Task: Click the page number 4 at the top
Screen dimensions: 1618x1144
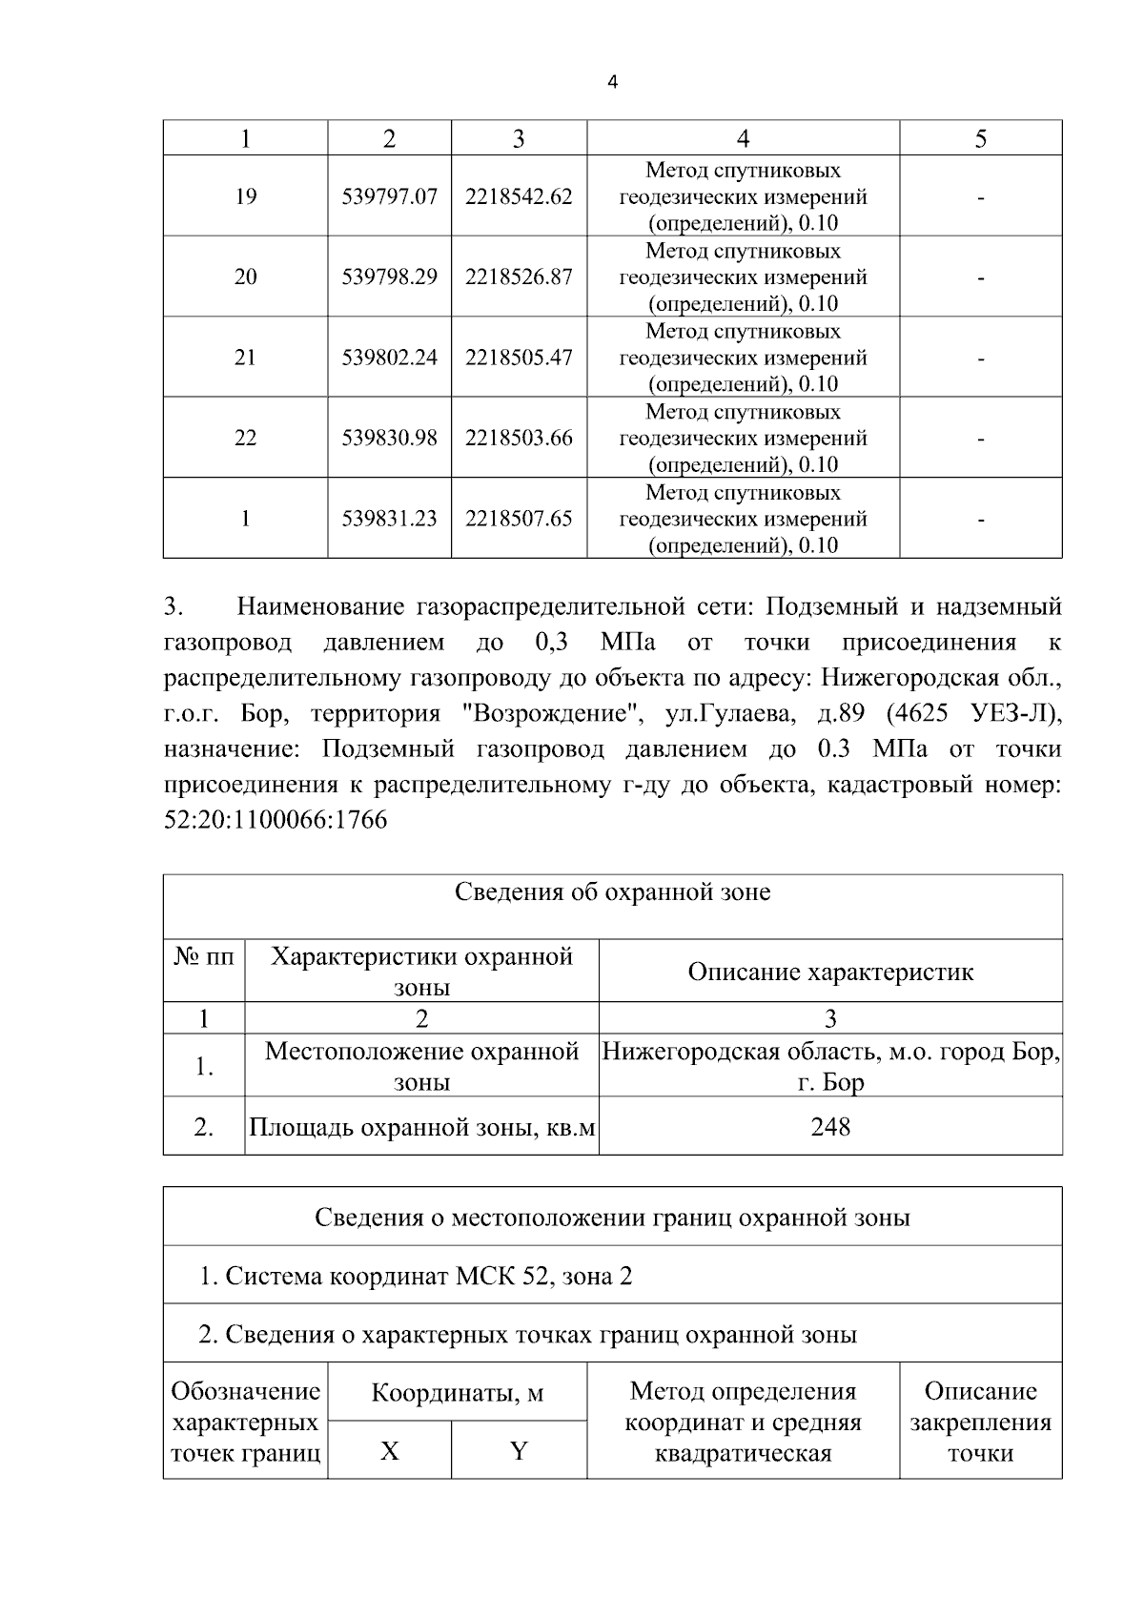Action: pyautogui.click(x=612, y=83)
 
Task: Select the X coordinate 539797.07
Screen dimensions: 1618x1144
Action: pyautogui.click(x=389, y=196)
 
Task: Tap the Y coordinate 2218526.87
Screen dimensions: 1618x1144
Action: pyautogui.click(x=519, y=276)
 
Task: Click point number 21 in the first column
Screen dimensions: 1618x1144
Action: pyautogui.click(x=245, y=358)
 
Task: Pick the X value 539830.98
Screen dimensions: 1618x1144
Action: pyautogui.click(x=389, y=438)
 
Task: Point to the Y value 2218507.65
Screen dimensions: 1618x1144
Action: pyautogui.click(x=519, y=519)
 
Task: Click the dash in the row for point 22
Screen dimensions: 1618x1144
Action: pyautogui.click(x=980, y=439)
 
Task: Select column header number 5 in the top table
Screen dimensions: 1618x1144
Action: pyautogui.click(x=980, y=139)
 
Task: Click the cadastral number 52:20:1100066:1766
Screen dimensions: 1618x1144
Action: pyautogui.click(x=276, y=820)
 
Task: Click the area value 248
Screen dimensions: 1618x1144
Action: pyautogui.click(x=829, y=1127)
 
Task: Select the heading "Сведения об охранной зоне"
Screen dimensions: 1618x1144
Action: pyautogui.click(x=612, y=892)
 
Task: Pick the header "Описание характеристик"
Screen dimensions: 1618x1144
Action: pyautogui.click(x=829, y=972)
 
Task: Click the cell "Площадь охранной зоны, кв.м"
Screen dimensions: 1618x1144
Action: pyautogui.click(x=421, y=1127)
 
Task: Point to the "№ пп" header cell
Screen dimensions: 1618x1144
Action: pyautogui.click(x=204, y=956)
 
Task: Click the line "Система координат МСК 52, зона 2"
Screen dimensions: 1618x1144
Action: pyautogui.click(x=416, y=1276)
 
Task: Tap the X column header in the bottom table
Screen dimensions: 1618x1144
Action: pyautogui.click(x=389, y=1451)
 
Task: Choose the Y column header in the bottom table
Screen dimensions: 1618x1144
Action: pyautogui.click(x=519, y=1451)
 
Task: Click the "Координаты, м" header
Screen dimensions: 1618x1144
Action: pyautogui.click(x=457, y=1393)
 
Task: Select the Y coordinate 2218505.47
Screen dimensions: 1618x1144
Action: pyautogui.click(x=519, y=358)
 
